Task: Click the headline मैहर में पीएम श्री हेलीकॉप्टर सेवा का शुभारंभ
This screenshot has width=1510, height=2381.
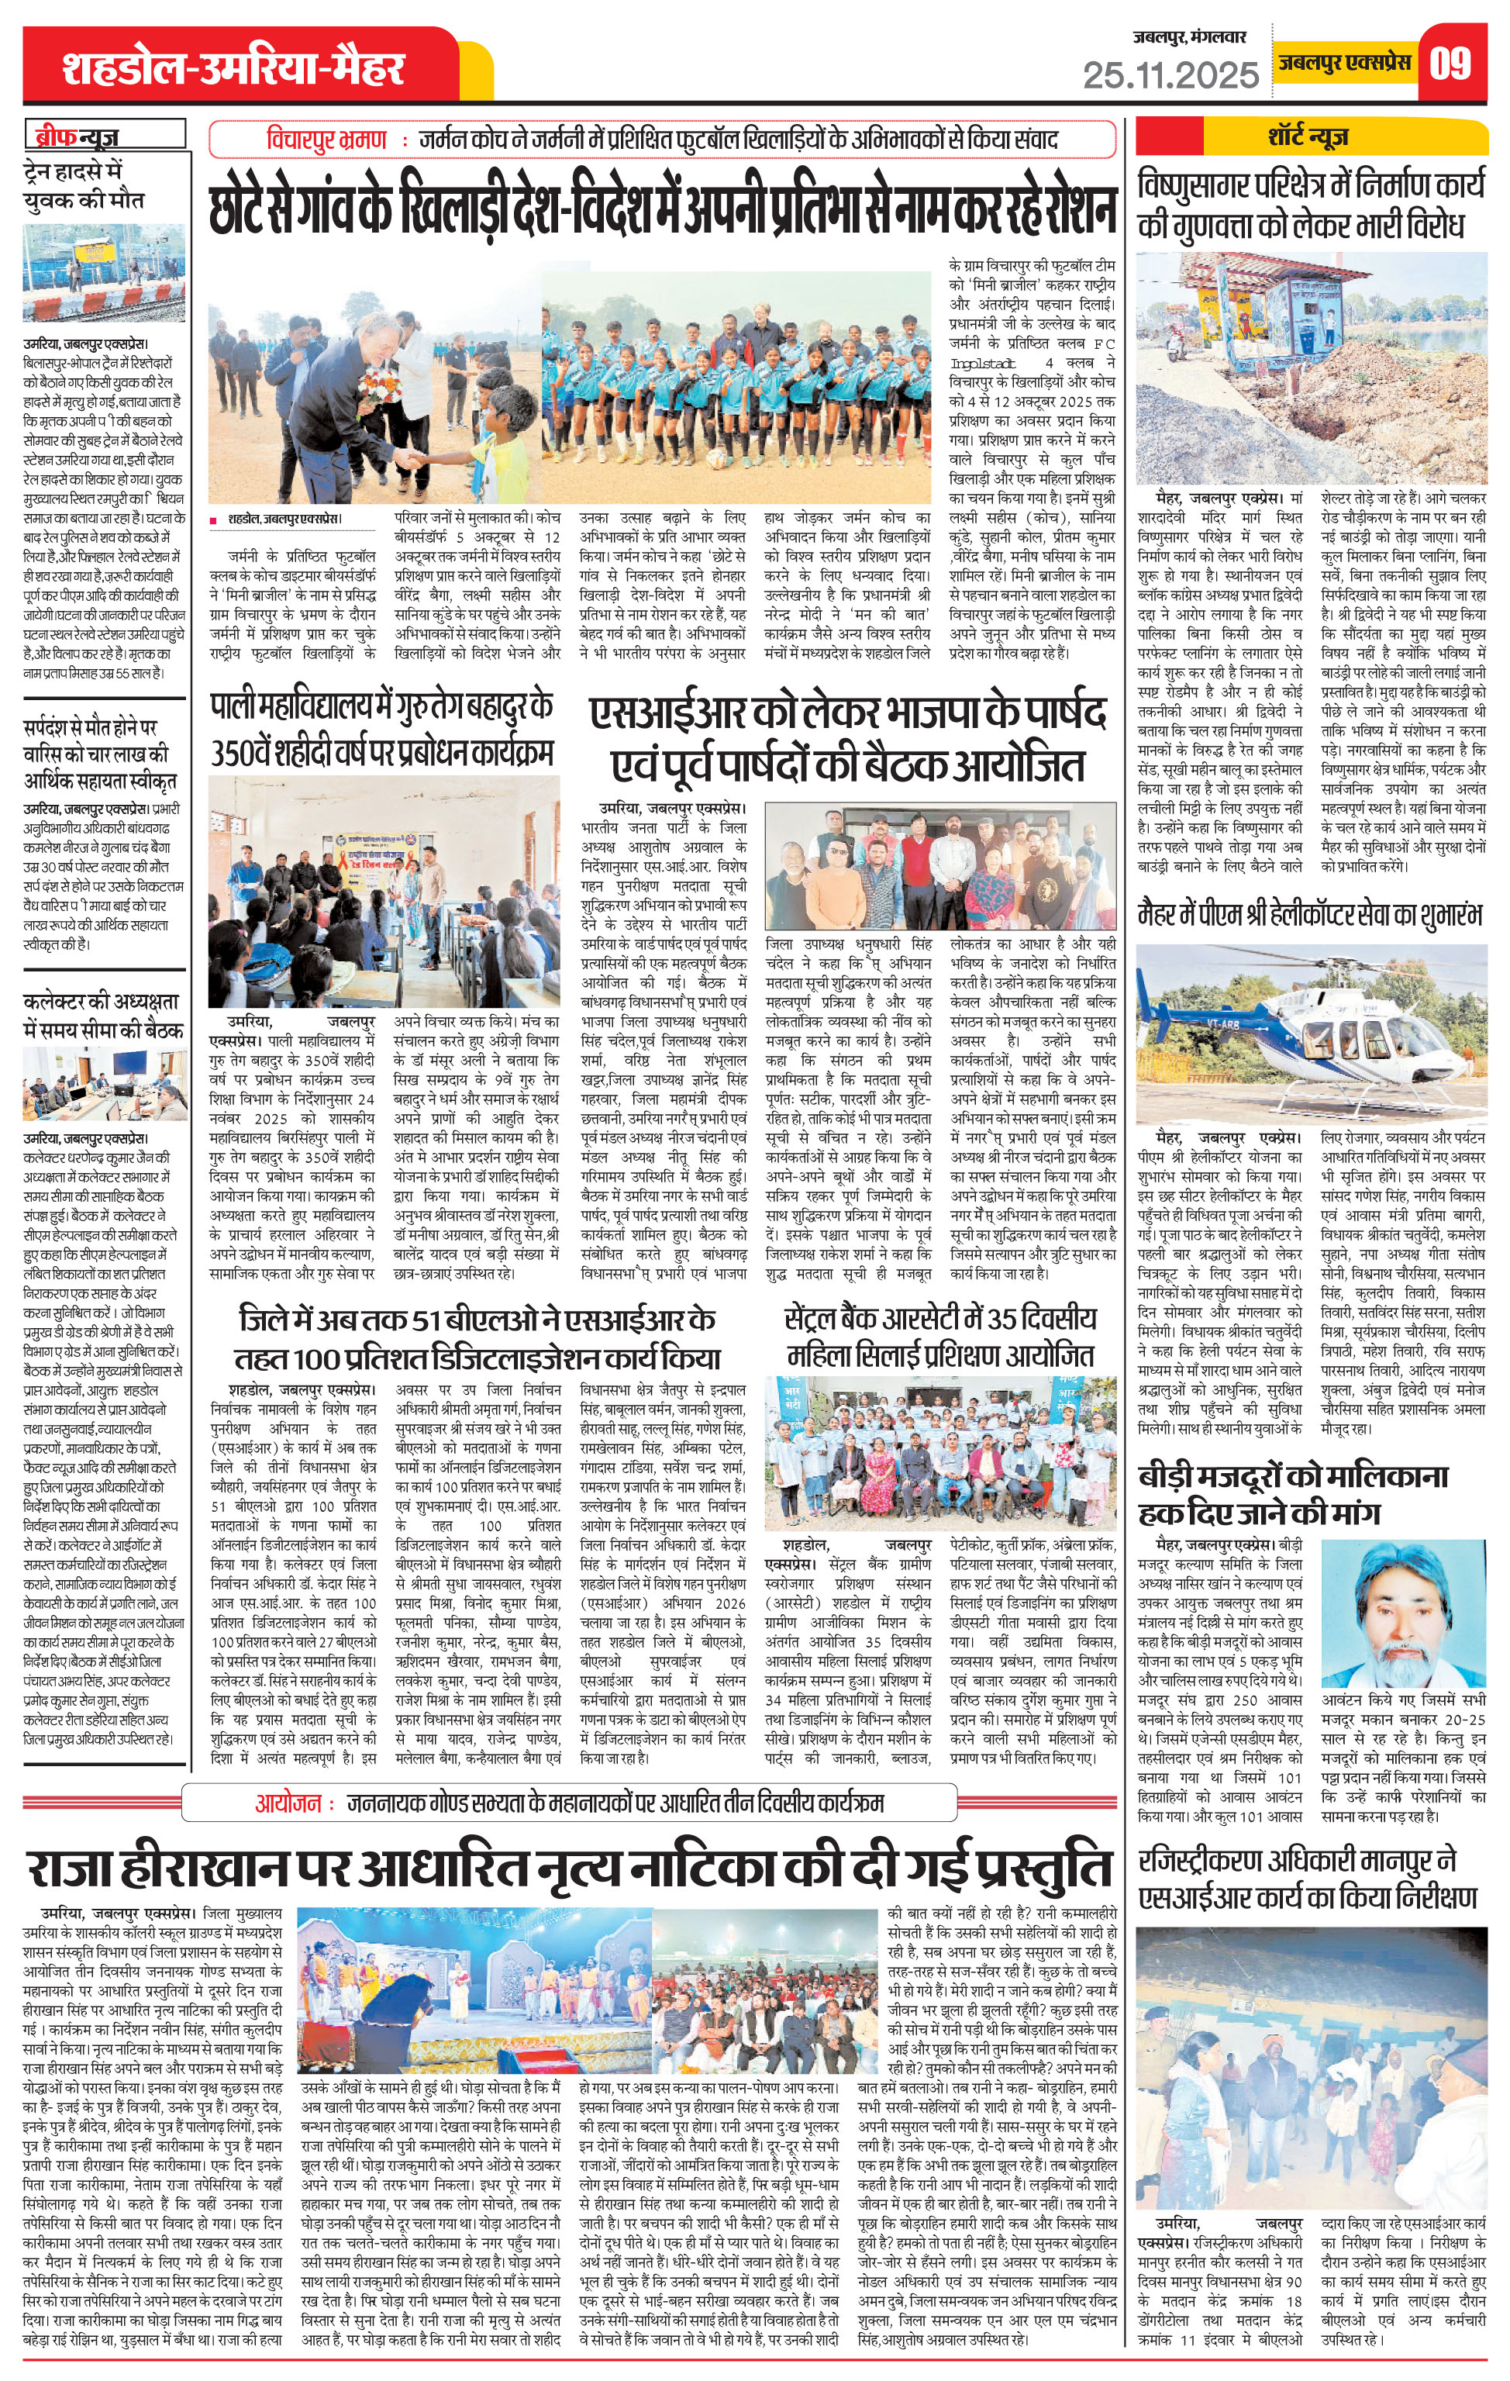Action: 1310,916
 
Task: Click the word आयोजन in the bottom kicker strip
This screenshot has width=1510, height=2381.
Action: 288,1803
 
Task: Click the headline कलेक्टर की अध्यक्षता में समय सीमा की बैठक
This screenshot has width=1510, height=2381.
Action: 103,1016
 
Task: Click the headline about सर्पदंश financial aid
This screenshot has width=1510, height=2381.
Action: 100,754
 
